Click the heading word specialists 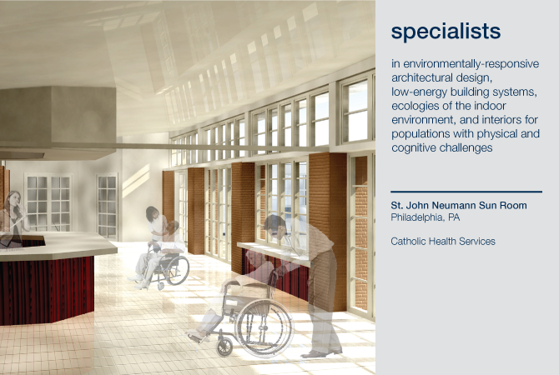pos(446,32)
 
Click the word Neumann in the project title pos(454,206)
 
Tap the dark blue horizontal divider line pos(466,192)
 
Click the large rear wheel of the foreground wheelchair pos(264,327)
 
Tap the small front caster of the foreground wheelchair pos(224,347)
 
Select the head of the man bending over pos(275,227)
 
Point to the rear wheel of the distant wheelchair pos(178,270)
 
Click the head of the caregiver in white pos(153,213)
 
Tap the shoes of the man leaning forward pos(321,353)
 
